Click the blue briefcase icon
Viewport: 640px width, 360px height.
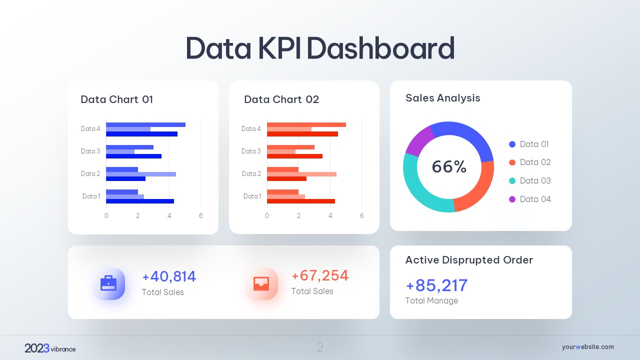(108, 283)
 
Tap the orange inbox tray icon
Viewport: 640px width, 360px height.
(261, 283)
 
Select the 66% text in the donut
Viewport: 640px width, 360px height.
(449, 167)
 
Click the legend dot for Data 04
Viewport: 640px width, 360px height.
(512, 199)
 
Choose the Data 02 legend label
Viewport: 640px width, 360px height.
(535, 162)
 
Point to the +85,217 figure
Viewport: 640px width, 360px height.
(436, 285)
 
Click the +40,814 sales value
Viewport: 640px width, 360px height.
(169, 276)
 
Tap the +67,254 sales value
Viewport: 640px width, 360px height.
(320, 275)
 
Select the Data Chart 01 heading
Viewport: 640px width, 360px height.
(117, 99)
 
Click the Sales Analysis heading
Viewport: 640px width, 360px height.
(442, 98)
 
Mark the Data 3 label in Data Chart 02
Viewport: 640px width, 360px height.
(251, 151)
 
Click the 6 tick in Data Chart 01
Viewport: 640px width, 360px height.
(201, 215)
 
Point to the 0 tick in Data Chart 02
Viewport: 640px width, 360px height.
(267, 215)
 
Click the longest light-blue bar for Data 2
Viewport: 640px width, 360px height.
(141, 174)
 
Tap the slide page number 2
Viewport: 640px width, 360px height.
(320, 347)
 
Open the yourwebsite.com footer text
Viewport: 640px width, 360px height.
(587, 347)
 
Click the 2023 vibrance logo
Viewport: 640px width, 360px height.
(50, 348)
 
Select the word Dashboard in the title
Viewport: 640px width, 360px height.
(380, 48)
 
